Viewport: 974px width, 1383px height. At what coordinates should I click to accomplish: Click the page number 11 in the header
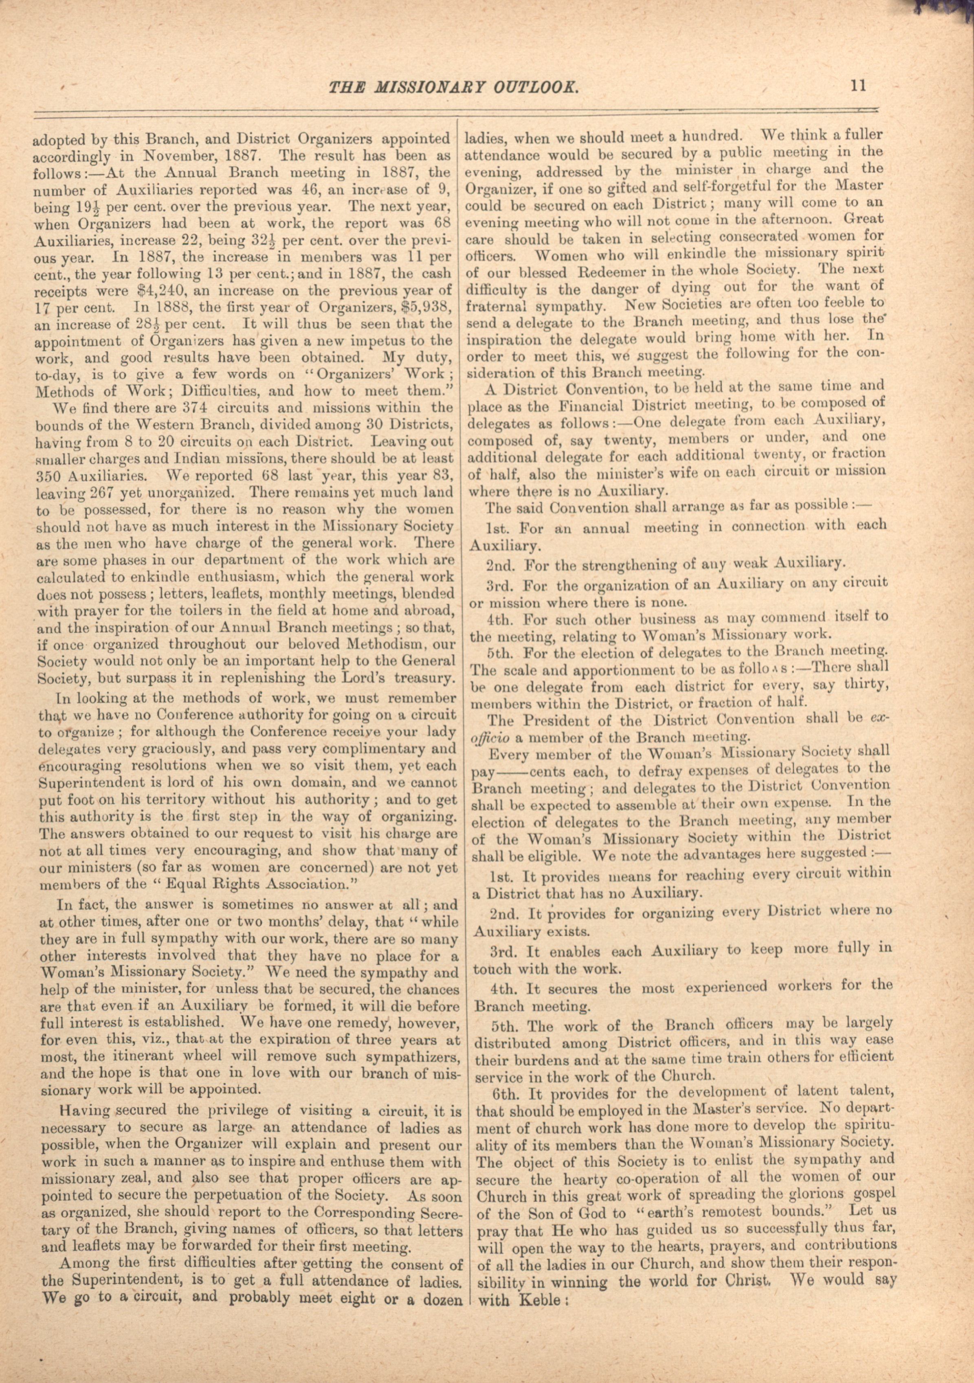tap(858, 86)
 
